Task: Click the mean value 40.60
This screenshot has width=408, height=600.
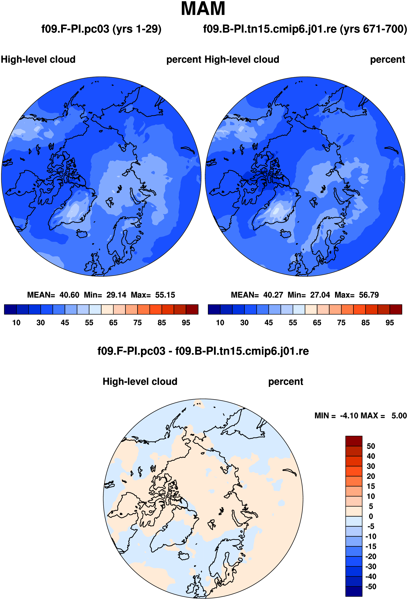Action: pyautogui.click(x=69, y=295)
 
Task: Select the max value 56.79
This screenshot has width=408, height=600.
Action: pyautogui.click(x=369, y=295)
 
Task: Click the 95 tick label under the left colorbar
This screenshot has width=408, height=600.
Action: pyautogui.click(x=186, y=323)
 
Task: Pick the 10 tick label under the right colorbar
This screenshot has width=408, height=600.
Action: pyautogui.click(x=220, y=323)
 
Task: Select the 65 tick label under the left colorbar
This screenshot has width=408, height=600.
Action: pyautogui.click(x=113, y=323)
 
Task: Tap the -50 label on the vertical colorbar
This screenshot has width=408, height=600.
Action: pyautogui.click(x=371, y=587)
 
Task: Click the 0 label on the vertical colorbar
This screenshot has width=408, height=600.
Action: pyautogui.click(x=371, y=516)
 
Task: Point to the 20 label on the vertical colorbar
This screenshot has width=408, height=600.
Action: pyautogui.click(x=371, y=476)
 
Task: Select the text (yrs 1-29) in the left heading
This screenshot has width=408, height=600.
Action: pyautogui.click(x=137, y=29)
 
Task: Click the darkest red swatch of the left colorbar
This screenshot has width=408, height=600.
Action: pyautogui.click(x=192, y=309)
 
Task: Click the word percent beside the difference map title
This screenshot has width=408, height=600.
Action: pyautogui.click(x=286, y=382)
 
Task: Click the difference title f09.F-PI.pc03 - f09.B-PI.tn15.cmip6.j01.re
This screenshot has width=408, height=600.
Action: pyautogui.click(x=203, y=351)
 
